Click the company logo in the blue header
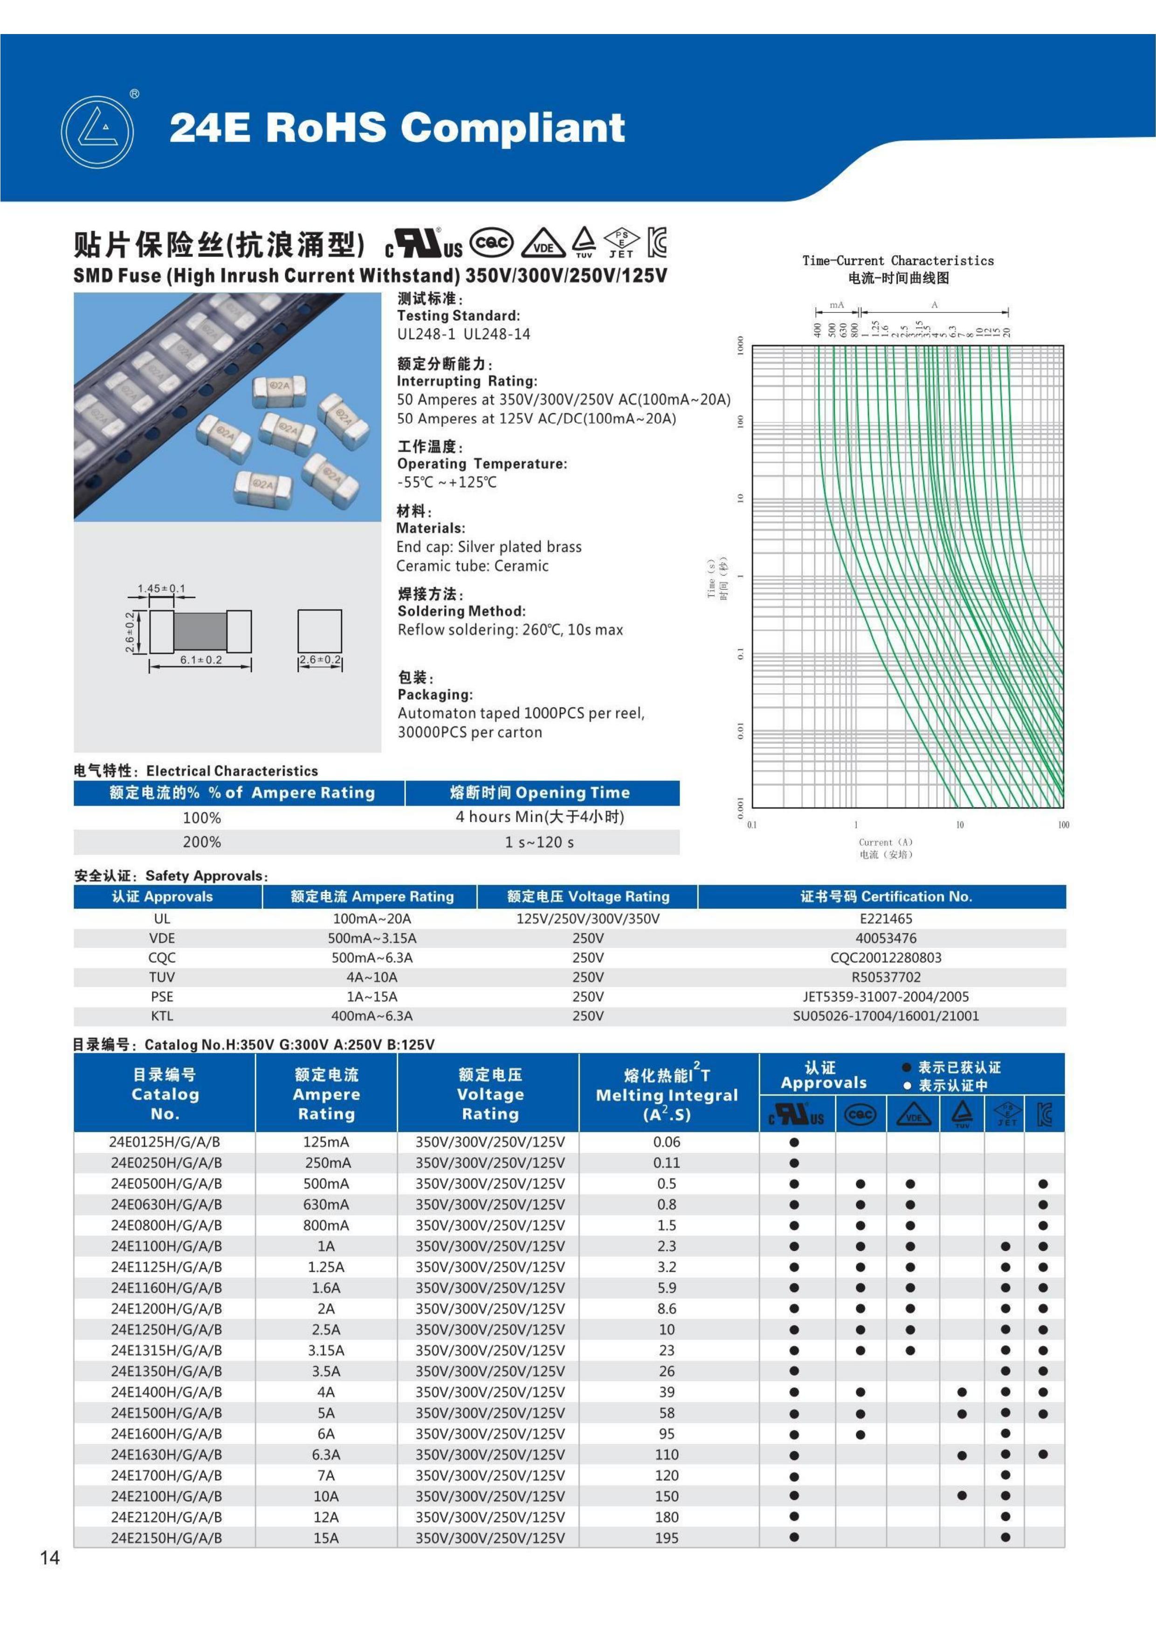coord(97,132)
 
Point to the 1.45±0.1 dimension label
coord(161,589)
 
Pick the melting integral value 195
coord(667,1538)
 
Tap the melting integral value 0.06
coord(667,1142)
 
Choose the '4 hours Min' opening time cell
coord(540,817)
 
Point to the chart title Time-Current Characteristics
coord(897,261)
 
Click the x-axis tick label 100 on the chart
coord(1063,825)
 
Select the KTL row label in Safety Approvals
coord(162,1015)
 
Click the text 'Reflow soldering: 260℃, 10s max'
coord(510,630)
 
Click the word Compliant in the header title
coord(513,128)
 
